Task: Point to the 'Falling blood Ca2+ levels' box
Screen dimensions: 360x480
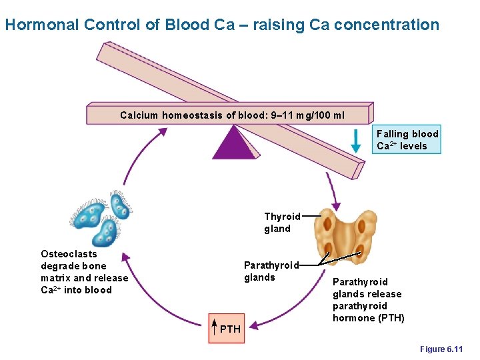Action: click(x=407, y=140)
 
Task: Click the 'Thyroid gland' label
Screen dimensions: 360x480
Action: click(x=282, y=223)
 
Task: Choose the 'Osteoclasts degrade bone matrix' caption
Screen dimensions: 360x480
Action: click(x=84, y=271)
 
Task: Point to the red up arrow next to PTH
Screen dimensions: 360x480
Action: click(x=214, y=327)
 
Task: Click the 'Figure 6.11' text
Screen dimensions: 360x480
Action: click(x=441, y=349)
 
